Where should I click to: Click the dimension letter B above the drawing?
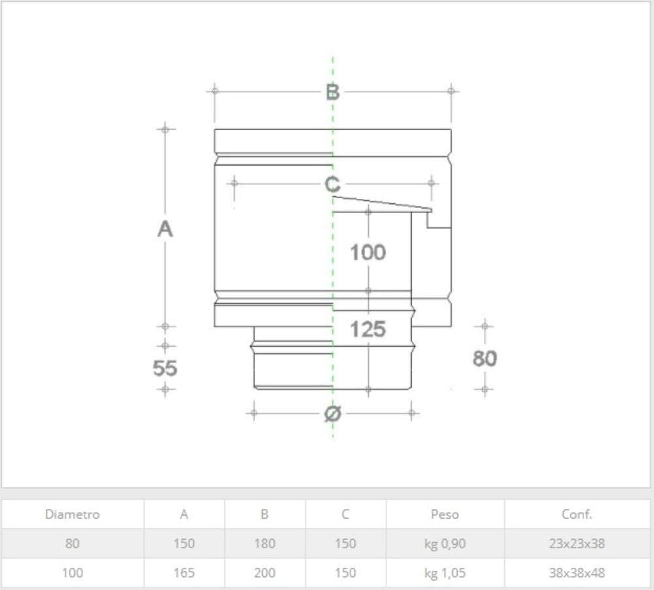coord(332,92)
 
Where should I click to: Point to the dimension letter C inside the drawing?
coord(332,184)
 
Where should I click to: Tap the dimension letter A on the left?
coord(165,229)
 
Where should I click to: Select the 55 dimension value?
coord(165,368)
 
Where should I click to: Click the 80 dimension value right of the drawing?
coord(485,358)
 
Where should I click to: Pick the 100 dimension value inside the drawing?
coord(368,252)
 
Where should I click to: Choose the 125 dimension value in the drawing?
coord(368,329)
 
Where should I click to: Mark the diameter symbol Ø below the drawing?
coord(333,413)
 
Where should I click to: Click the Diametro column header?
coord(72,514)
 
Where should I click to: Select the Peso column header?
coord(445,514)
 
